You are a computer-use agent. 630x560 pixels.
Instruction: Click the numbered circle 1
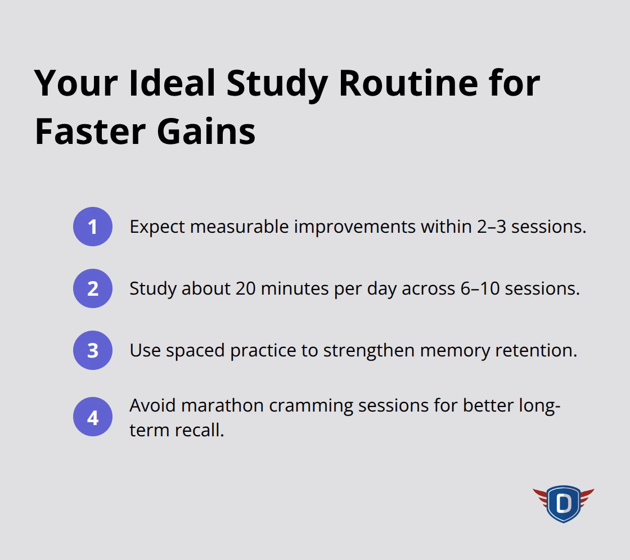tap(93, 227)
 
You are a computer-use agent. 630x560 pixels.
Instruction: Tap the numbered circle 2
tap(93, 288)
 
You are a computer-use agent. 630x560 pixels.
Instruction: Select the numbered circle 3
tap(93, 350)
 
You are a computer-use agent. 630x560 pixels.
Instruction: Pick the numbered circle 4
tap(93, 418)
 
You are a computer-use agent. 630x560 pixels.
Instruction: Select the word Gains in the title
tap(206, 131)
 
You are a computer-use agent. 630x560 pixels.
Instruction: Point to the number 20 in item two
tap(247, 288)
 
